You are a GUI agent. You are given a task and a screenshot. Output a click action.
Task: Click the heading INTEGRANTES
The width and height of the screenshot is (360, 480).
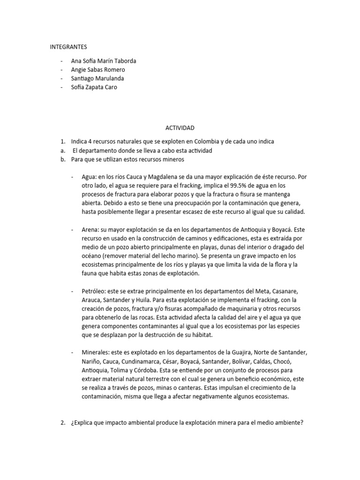68,47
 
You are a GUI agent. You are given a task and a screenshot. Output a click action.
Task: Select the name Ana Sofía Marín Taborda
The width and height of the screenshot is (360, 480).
104,61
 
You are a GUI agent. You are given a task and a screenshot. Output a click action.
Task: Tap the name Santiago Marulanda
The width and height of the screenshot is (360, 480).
97,78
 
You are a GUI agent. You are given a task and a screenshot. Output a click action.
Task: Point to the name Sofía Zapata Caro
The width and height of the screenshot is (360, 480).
94,87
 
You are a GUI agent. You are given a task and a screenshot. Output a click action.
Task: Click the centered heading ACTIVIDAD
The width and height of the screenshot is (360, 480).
180,127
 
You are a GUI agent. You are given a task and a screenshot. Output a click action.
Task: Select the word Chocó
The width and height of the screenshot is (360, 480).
288,361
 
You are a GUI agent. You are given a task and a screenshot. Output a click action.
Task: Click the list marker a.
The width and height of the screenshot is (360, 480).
62,150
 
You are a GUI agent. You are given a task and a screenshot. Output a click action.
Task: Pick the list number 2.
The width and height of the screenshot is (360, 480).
62,423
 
